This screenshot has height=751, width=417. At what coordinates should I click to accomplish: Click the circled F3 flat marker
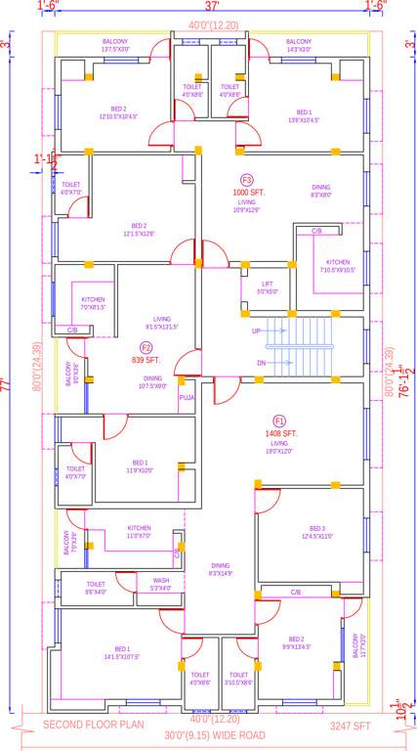point(247,180)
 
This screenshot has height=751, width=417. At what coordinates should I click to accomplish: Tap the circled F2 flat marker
point(146,347)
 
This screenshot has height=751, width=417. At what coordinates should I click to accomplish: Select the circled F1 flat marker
point(279,420)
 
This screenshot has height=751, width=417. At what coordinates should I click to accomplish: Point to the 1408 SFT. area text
point(280,433)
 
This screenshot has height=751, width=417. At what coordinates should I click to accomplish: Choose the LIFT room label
point(267,284)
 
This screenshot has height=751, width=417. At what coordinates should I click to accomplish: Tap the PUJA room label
point(186,398)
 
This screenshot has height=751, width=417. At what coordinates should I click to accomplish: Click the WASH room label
point(160,580)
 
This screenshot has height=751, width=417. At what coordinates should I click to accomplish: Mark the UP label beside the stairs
point(257,331)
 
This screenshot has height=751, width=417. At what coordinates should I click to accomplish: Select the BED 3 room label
point(317,528)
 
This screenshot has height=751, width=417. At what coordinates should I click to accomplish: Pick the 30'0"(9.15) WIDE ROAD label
point(213,735)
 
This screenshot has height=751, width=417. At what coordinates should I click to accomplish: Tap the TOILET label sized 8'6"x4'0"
point(96,588)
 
